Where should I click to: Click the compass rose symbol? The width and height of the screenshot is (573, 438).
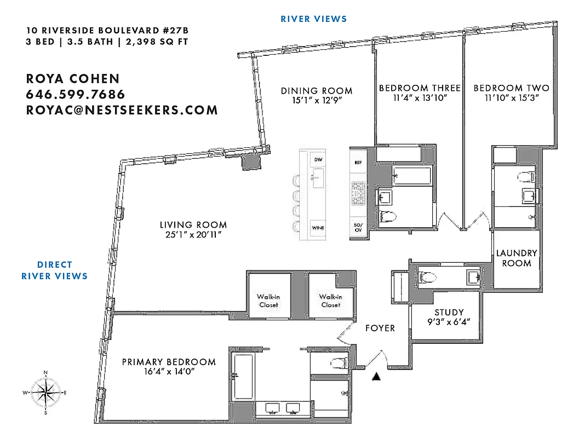45,393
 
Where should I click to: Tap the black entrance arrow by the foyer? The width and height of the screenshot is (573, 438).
376,376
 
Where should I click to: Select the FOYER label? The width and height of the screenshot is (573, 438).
380,328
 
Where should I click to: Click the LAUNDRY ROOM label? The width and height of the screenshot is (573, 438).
517,258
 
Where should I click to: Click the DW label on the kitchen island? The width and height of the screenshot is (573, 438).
317,159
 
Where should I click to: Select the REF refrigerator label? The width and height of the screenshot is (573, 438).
358,163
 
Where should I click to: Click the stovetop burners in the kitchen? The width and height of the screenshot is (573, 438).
358,193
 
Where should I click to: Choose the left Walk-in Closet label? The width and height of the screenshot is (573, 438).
268,301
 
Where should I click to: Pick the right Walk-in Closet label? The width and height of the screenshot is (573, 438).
331,301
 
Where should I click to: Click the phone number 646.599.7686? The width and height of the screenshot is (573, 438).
76,94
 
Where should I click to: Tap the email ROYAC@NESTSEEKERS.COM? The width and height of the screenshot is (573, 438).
122,110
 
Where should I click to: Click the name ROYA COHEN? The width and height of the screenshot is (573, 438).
73,78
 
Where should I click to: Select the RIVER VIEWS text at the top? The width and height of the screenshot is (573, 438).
313,19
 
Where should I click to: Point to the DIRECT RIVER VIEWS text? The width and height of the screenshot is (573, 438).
54,270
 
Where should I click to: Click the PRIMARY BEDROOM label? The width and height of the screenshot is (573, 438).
168,362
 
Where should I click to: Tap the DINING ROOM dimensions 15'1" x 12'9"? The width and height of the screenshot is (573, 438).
317,100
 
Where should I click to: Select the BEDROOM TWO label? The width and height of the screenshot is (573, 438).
511,88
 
